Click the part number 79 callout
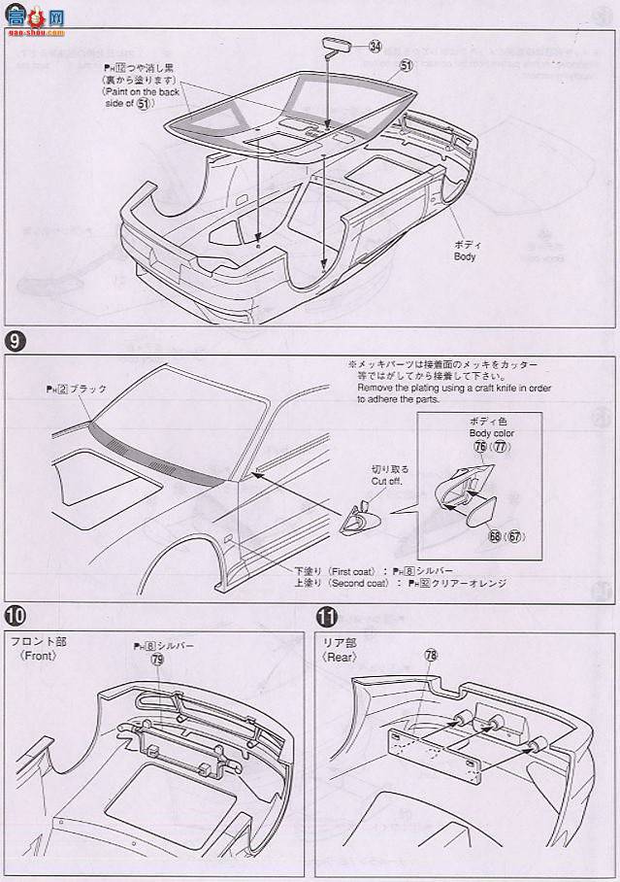pos(156,660)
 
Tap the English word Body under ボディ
pos(465,257)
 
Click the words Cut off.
pos(383,480)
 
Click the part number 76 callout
pos(479,447)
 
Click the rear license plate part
pos(432,745)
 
